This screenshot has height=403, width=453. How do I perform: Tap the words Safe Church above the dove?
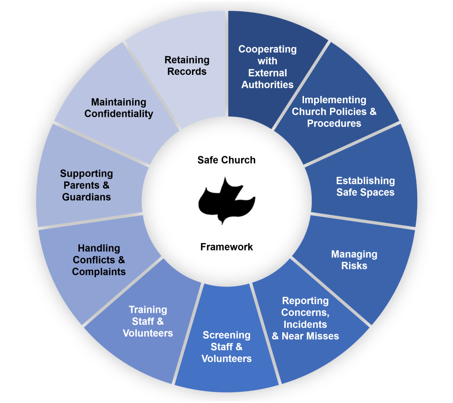pyautogui.click(x=226, y=160)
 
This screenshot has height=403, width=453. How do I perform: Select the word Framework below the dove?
pyautogui.click(x=226, y=247)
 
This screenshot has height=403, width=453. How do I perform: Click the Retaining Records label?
pyautogui.click(x=187, y=66)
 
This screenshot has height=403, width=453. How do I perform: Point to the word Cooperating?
pyautogui.click(x=268, y=49)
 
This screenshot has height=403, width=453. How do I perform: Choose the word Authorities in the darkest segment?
pyautogui.click(x=267, y=85)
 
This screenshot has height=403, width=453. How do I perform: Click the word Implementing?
pyautogui.click(x=334, y=100)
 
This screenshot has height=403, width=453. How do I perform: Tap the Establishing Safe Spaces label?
pyautogui.click(x=365, y=186)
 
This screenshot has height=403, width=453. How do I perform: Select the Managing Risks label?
pyautogui.click(x=354, y=260)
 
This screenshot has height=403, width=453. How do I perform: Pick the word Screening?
pyautogui.click(x=226, y=335)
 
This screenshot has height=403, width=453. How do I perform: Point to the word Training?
pyautogui.click(x=148, y=310)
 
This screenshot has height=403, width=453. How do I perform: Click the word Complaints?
pyautogui.click(x=99, y=272)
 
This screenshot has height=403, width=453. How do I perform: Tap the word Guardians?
pyautogui.click(x=86, y=197)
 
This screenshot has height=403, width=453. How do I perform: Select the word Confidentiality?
pyautogui.click(x=119, y=114)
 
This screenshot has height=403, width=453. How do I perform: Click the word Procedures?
pyautogui.click(x=334, y=124)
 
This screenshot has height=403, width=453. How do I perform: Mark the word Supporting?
pyautogui.click(x=86, y=174)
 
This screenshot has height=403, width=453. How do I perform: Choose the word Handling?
pyautogui.click(x=99, y=248)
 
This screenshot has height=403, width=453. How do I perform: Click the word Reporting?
pyautogui.click(x=305, y=301)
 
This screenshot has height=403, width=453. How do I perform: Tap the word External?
pyautogui.click(x=268, y=73)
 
